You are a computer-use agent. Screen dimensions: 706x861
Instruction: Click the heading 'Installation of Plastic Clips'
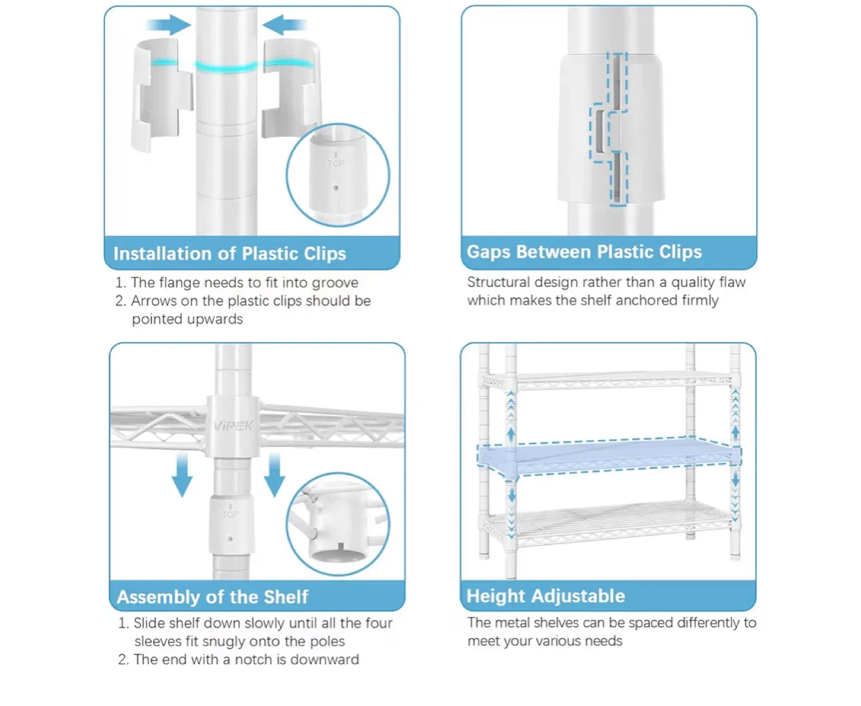[230, 253]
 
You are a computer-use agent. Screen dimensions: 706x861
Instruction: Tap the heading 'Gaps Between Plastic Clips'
[584, 252]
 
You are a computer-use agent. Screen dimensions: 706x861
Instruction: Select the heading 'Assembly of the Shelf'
[212, 597]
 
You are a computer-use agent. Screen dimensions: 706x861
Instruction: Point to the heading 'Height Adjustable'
[545, 595]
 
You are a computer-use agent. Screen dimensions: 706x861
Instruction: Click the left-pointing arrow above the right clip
[284, 25]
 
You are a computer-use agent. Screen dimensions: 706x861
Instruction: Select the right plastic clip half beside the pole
[293, 90]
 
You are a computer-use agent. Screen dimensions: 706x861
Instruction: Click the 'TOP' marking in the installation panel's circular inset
[335, 163]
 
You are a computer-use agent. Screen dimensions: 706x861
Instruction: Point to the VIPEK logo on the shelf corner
[233, 426]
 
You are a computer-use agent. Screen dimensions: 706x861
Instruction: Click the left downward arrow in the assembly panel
[182, 475]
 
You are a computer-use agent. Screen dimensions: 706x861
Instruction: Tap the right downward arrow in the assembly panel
[274, 475]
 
